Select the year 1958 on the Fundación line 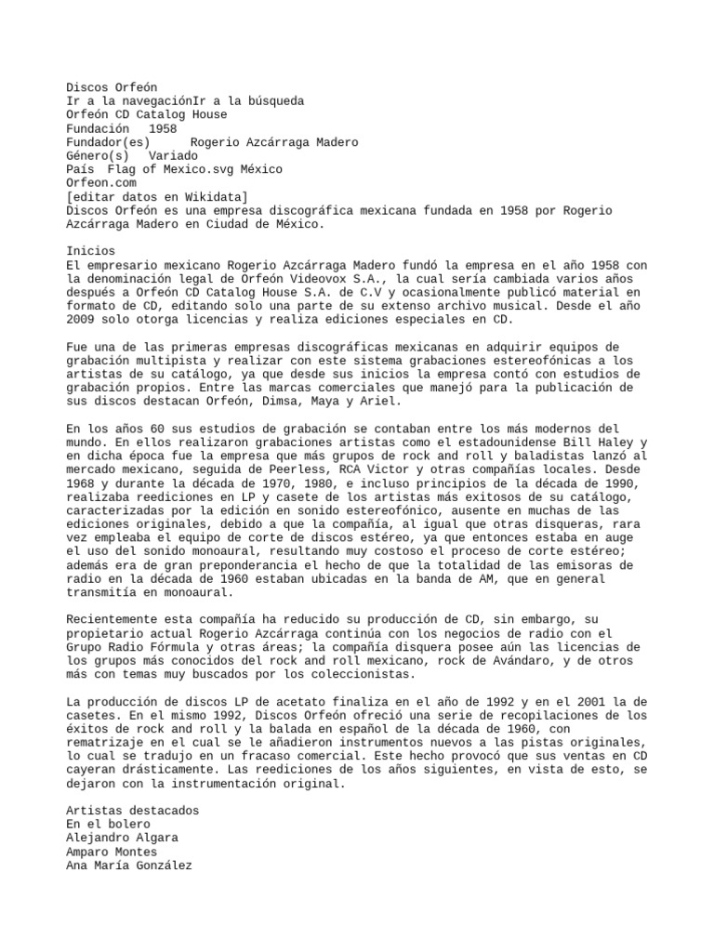(x=163, y=128)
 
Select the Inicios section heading (x=91, y=251)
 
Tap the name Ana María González (x=128, y=866)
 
